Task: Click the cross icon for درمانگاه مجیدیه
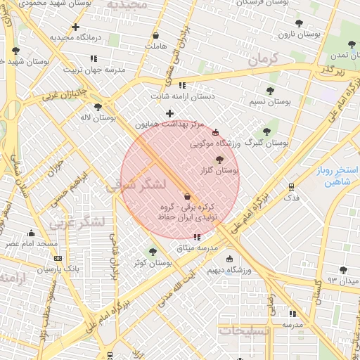coord(75,27)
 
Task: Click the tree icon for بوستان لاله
coord(98,107)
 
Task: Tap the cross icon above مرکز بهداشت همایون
coord(169,113)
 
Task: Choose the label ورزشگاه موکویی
coord(215,143)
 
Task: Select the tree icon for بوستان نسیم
coord(270,91)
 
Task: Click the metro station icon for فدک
coord(291,187)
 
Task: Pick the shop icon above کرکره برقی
coord(187,196)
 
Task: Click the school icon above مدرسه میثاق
coord(195,237)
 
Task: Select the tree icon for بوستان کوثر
coord(153,252)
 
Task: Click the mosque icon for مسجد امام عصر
coord(31,233)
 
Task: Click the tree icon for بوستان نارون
coord(299,23)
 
